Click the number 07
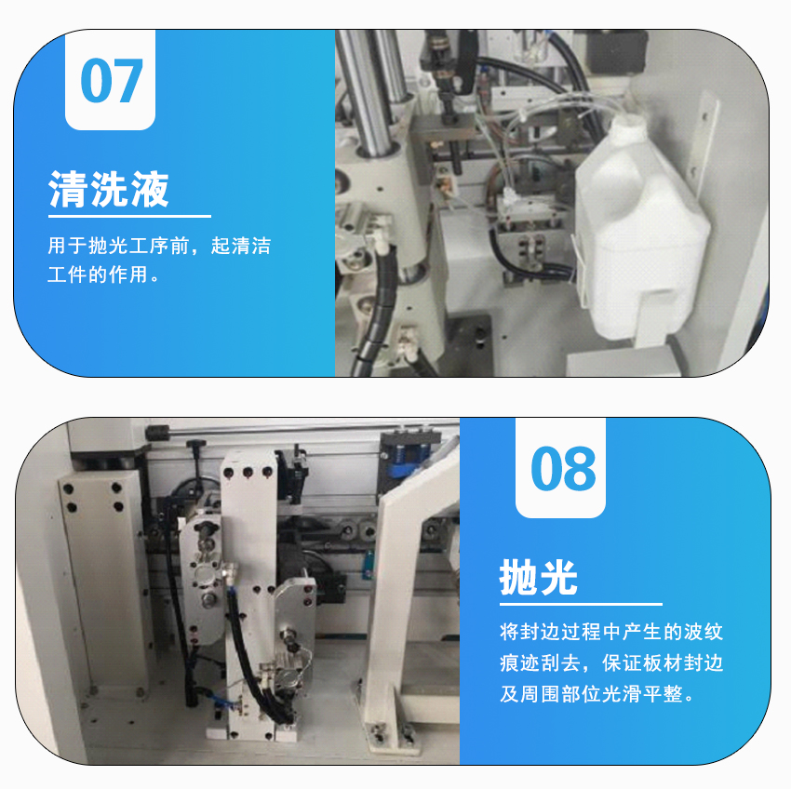tap(112, 80)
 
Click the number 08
tap(563, 468)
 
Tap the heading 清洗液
tap(109, 189)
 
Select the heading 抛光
tap(538, 577)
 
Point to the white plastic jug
tap(640, 227)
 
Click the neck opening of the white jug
tap(627, 121)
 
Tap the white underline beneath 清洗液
tap(129, 216)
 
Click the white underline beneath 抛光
tap(581, 604)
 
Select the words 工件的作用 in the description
tap(98, 274)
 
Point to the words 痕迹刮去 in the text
tap(540, 662)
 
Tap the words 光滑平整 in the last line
tap(642, 694)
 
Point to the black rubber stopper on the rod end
tap(157, 433)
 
